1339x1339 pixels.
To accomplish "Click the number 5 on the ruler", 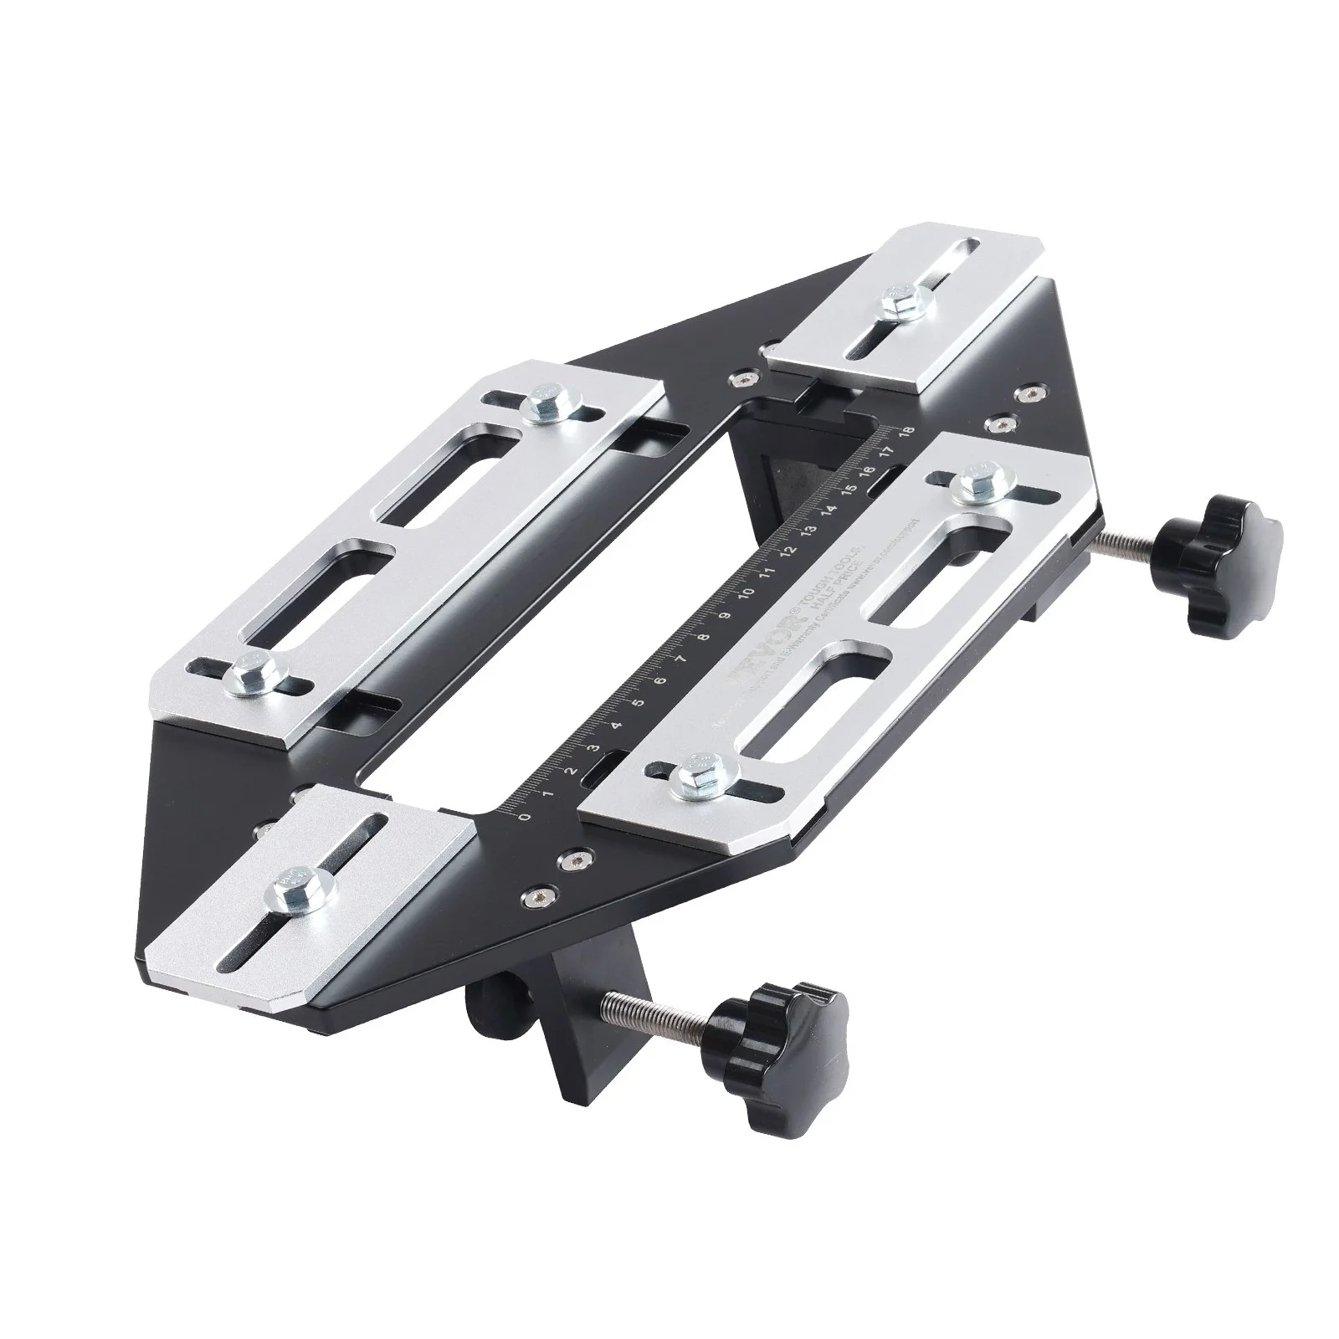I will pyautogui.click(x=639, y=703).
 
